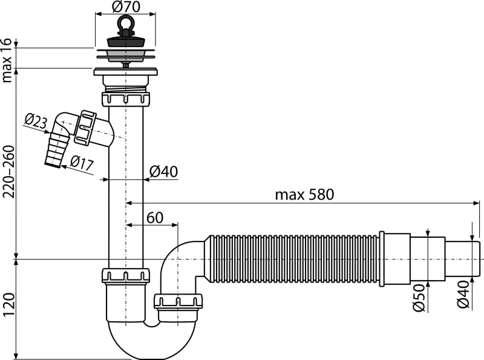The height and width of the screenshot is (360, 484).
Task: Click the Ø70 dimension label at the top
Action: [x=126, y=7]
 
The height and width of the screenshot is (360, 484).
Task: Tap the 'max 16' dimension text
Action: [x=7, y=61]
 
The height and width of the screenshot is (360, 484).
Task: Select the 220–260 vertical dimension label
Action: [x=9, y=172]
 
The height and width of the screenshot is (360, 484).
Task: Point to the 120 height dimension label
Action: [x=9, y=305]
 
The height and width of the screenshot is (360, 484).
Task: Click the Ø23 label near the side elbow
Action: [x=36, y=121]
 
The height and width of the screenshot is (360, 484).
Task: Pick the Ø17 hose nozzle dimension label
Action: [x=82, y=162]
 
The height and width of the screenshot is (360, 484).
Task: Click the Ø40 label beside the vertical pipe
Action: [x=163, y=172]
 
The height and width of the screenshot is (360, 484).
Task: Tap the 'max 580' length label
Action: [x=304, y=195]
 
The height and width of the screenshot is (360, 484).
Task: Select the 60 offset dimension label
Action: [x=155, y=218]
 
